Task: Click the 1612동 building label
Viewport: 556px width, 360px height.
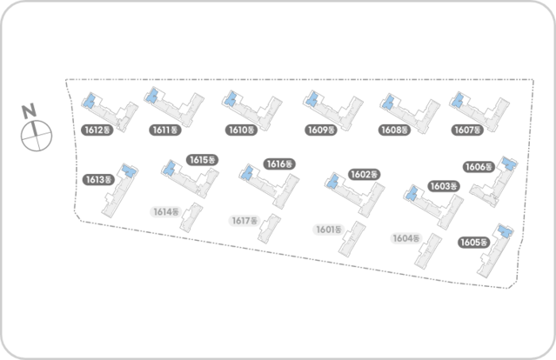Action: coord(96,130)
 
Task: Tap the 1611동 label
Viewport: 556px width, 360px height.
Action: coord(164,130)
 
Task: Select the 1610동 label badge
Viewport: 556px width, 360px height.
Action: coord(240,130)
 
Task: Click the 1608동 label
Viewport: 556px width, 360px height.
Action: coord(395,130)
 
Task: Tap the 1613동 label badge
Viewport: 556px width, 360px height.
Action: coord(98,180)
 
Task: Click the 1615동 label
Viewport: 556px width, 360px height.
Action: coord(201,160)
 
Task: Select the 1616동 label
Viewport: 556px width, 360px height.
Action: coord(278,163)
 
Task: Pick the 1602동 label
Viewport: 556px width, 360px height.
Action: coord(364,174)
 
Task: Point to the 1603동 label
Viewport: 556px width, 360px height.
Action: coord(444,186)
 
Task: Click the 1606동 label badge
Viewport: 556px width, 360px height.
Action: coord(479,167)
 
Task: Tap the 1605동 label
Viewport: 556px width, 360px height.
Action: coord(474,243)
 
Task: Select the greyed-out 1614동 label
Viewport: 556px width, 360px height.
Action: coord(165,211)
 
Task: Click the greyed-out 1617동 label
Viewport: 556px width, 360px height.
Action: coord(245,220)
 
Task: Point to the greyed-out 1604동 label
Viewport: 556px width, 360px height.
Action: coord(405,238)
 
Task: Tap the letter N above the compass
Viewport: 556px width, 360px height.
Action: coord(29,110)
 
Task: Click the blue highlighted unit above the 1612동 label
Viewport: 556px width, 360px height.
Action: coord(89,103)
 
